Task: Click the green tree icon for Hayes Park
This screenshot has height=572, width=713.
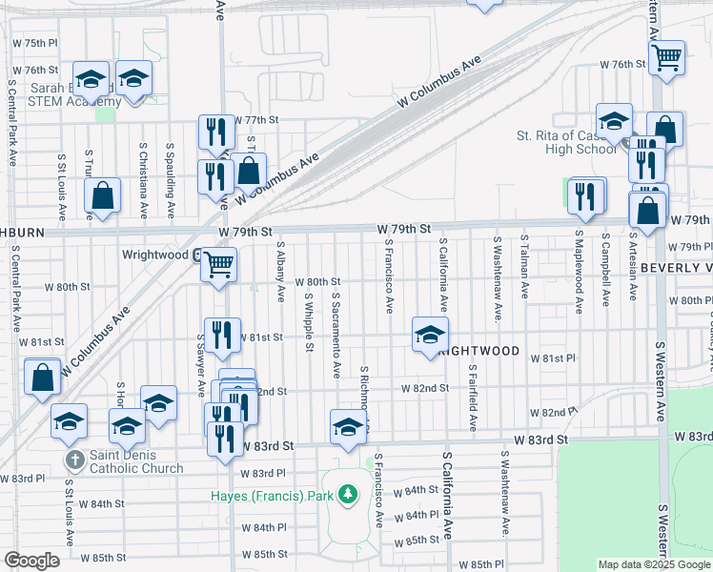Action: (350, 494)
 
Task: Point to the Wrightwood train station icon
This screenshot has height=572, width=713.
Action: (195, 255)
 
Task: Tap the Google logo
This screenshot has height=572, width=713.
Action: (31, 561)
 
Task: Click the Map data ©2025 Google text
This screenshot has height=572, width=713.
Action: (653, 564)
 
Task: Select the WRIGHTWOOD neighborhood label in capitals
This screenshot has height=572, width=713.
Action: (478, 351)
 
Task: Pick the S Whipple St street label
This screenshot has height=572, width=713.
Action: (310, 323)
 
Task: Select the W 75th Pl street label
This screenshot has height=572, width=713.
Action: (35, 44)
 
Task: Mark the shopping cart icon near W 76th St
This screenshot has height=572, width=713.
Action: (667, 57)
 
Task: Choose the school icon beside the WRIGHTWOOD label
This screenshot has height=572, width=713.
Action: (430, 334)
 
